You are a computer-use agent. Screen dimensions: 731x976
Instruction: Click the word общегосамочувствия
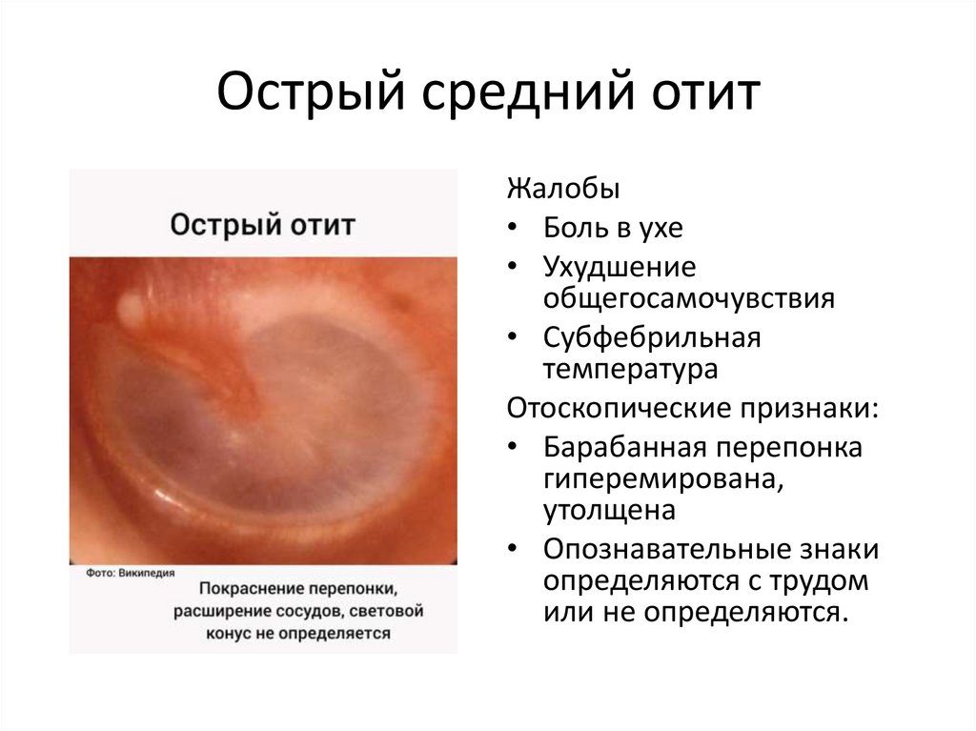click(x=689, y=298)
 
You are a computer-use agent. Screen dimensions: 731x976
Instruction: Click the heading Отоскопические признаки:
click(x=692, y=408)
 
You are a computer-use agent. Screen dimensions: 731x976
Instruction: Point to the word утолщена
click(x=609, y=511)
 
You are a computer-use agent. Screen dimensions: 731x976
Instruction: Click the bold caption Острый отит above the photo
click(x=263, y=226)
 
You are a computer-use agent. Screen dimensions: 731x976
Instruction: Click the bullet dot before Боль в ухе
click(x=514, y=229)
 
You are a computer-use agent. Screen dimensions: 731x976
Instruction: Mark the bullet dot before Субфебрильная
click(x=514, y=337)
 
